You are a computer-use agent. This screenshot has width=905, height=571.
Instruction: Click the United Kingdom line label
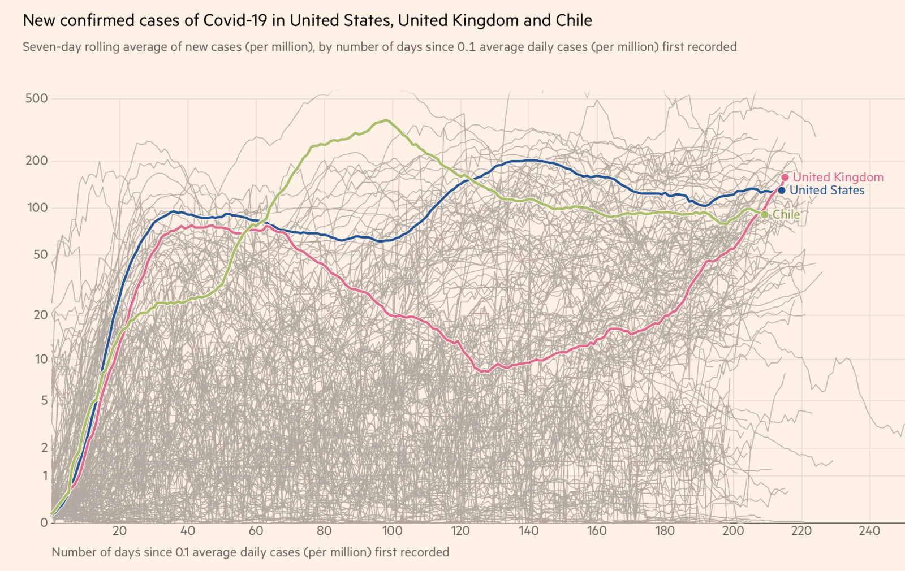coord(838,178)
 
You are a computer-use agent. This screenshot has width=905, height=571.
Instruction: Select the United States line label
coord(827,191)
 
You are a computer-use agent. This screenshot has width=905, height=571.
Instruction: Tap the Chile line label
coord(786,215)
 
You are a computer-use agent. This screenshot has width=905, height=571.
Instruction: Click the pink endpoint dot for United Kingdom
coord(785,178)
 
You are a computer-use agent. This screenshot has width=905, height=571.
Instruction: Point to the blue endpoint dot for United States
coord(782,191)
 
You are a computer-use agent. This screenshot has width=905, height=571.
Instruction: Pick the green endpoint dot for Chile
coord(765,215)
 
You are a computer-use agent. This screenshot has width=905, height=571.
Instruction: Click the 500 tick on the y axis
coord(37,98)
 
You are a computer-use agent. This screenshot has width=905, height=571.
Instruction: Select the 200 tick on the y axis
coord(37,161)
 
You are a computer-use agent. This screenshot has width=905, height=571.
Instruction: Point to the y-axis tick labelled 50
coord(40,255)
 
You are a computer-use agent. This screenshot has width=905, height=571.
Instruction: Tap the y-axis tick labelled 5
coord(44,401)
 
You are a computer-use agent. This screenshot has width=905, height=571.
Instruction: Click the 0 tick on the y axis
coord(44,522)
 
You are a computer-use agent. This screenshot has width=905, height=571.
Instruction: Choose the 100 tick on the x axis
coord(392,531)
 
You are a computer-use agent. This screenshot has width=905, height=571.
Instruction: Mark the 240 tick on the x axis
coord(869,531)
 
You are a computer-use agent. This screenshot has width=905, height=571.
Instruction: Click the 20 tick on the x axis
coord(119,531)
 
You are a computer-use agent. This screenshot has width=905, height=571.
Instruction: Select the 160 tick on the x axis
coord(597,531)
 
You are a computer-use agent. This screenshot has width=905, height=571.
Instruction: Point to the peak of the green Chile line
coord(386,120)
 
